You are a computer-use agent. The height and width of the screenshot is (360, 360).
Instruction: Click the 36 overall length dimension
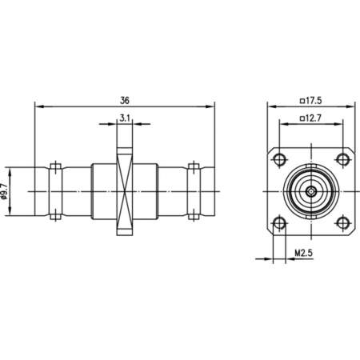coord(125,101)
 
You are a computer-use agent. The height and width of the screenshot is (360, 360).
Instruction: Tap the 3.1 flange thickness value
coord(125,118)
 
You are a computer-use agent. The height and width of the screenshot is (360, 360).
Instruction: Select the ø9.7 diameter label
coord(3,191)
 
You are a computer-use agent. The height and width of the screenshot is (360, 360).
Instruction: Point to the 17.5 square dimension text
coord(314,101)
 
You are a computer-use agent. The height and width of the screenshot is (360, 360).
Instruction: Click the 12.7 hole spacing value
coord(314,118)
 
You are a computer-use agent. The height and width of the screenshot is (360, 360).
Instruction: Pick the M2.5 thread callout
coord(303,252)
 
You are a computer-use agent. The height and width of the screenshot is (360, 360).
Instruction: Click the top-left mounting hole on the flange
coord(279,159)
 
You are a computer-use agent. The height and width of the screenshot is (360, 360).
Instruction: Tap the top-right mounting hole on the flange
coord(342,159)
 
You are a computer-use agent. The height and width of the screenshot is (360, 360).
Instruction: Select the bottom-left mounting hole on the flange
coord(279,223)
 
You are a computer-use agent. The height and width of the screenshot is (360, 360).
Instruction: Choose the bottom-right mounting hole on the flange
coord(342,223)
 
